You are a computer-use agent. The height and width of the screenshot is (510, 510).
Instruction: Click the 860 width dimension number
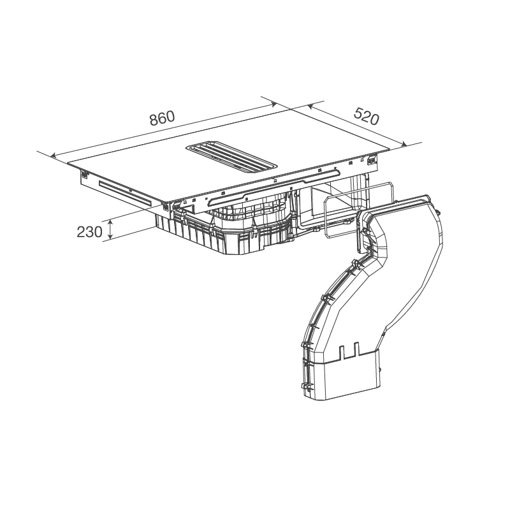(163, 118)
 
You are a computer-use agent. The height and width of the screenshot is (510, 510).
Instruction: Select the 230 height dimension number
(89, 232)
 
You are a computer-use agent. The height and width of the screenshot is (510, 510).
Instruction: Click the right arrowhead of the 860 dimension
(273, 105)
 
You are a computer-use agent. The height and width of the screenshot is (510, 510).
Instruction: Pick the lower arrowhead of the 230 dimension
(111, 237)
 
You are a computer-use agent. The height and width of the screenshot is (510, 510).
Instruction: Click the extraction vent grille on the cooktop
(231, 156)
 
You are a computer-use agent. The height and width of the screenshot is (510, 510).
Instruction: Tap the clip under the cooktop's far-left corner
(84, 175)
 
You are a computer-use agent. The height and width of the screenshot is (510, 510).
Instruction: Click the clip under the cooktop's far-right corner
(371, 160)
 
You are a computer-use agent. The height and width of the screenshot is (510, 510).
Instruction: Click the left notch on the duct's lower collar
(342, 353)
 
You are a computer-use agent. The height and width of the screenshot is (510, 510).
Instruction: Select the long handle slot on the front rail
(273, 189)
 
